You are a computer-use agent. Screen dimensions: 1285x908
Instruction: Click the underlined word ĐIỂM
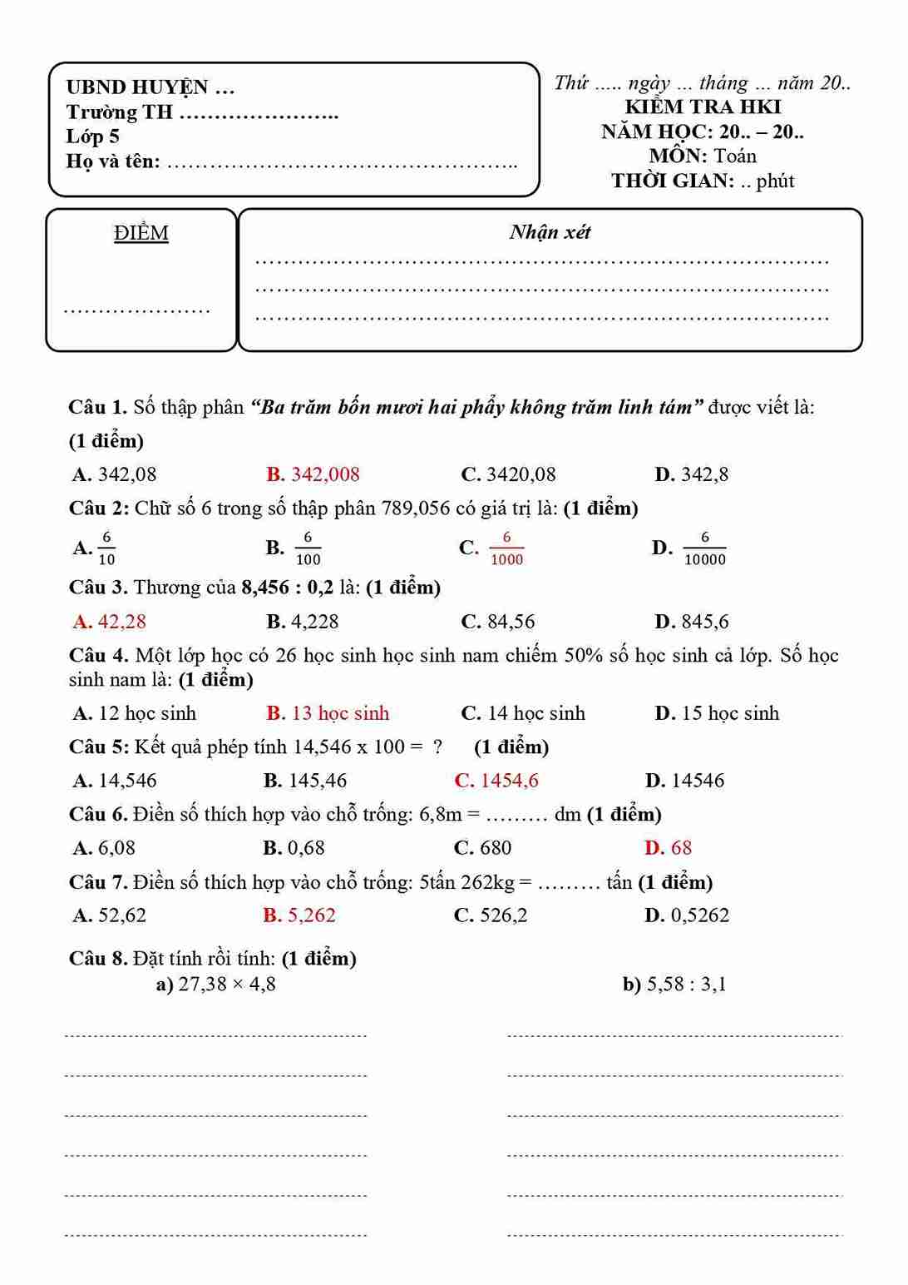pos(141,233)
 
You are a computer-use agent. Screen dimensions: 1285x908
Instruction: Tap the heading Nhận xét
pos(550,232)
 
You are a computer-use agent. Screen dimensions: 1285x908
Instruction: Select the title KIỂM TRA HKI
pos(703,107)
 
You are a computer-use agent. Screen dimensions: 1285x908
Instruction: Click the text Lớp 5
pos(93,136)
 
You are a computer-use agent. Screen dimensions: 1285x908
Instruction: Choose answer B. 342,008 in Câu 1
pos(313,474)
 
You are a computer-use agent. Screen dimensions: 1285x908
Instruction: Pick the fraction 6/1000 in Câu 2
pos(506,548)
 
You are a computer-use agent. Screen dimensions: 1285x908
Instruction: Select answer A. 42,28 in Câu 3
pos(110,622)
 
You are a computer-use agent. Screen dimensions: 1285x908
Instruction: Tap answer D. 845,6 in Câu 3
pos(692,622)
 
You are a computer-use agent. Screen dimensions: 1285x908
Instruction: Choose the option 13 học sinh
pos(328,713)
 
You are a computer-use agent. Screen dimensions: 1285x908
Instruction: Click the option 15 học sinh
pos(718,713)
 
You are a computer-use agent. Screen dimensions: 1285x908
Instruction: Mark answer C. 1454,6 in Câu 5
pos(497,781)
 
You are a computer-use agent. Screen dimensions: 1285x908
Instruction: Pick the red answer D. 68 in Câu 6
pos(669,848)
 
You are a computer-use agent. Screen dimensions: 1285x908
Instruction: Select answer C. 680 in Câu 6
pos(483,848)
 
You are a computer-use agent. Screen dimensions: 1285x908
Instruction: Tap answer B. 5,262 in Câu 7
pos(299,915)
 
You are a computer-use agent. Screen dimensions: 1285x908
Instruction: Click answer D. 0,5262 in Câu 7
pos(687,915)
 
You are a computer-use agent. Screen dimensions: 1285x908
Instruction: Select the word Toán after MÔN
pos(735,156)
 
